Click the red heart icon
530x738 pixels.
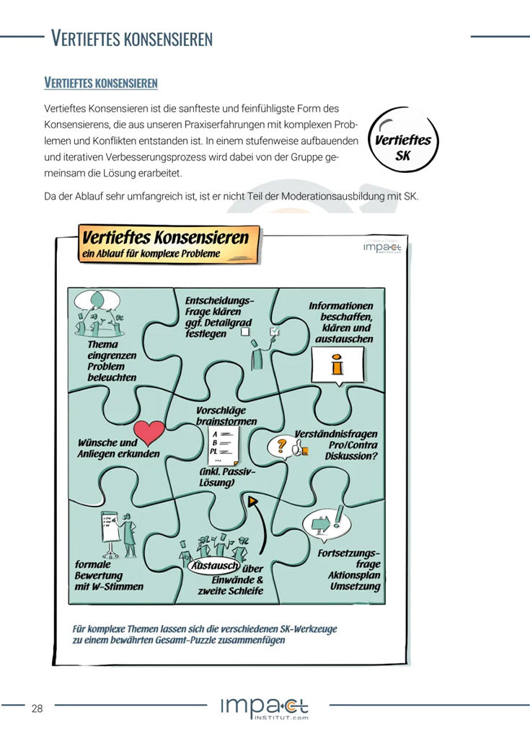[150, 432]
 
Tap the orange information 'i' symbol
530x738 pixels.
[336, 365]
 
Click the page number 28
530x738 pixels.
[37, 708]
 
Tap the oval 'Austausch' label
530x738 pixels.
[213, 566]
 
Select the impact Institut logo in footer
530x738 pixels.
[265, 708]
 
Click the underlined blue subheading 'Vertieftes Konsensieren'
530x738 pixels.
[101, 83]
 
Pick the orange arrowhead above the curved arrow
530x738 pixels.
[253, 500]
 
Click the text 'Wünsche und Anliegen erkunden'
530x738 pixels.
[118, 448]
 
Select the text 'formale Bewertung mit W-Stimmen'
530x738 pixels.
[109, 576]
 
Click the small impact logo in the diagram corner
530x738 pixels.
[382, 247]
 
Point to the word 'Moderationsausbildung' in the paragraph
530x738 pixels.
[306, 197]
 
